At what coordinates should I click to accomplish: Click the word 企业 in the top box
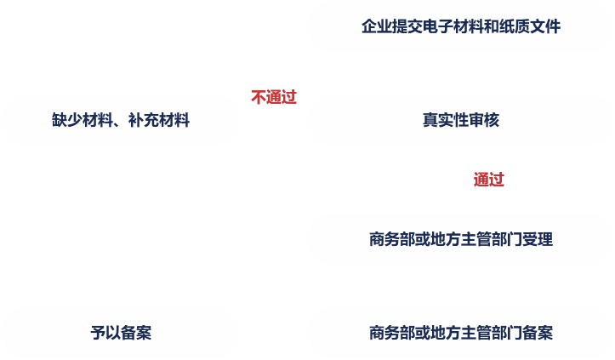click(376, 26)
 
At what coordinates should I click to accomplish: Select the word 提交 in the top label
click(407, 26)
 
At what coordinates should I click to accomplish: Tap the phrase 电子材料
click(453, 26)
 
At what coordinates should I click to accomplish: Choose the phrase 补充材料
click(159, 120)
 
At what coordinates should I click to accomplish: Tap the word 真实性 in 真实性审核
click(445, 120)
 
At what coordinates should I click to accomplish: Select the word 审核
click(483, 120)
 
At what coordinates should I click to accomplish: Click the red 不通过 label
click(274, 96)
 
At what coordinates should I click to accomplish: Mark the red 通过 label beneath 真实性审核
click(489, 180)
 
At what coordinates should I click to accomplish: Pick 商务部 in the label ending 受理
click(392, 239)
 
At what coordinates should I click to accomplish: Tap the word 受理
click(538, 239)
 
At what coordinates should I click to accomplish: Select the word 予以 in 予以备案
click(105, 333)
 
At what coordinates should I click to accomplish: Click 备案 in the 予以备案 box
click(136, 333)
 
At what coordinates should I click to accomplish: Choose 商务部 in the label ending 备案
click(392, 333)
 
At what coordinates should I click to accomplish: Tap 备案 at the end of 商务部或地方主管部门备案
click(538, 333)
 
